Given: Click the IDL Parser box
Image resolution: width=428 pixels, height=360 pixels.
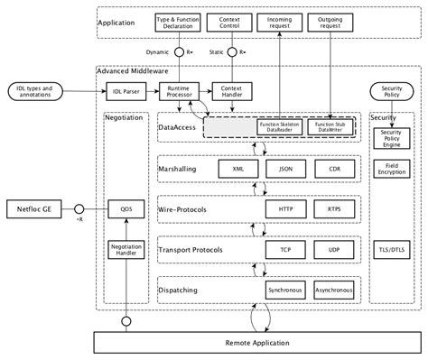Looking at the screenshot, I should pos(125,92).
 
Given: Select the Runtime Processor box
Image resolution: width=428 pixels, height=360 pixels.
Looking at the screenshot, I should pos(177,92).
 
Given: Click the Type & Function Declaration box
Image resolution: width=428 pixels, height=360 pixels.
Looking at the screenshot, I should pos(177,21).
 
